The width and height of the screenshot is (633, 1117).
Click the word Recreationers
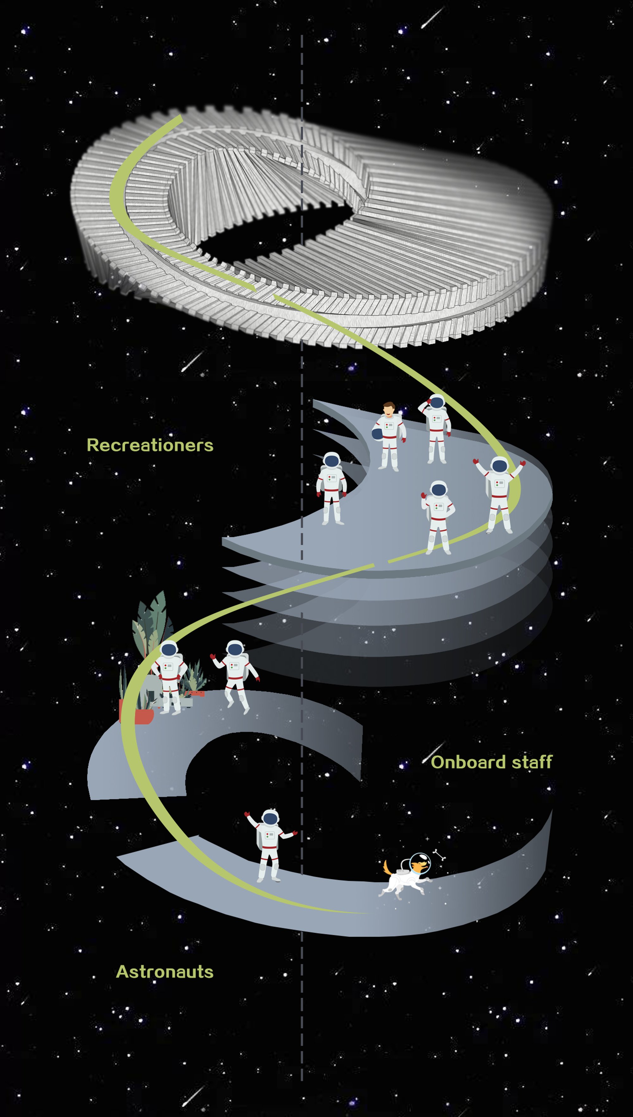[150, 445]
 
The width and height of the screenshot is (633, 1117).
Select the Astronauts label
[165, 972]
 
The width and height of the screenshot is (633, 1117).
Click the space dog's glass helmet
[420, 861]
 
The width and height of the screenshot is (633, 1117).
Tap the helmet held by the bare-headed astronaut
[377, 434]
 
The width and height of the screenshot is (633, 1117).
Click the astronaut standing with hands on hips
[169, 677]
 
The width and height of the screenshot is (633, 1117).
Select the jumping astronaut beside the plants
[235, 676]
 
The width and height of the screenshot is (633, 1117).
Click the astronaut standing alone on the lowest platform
[270, 846]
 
